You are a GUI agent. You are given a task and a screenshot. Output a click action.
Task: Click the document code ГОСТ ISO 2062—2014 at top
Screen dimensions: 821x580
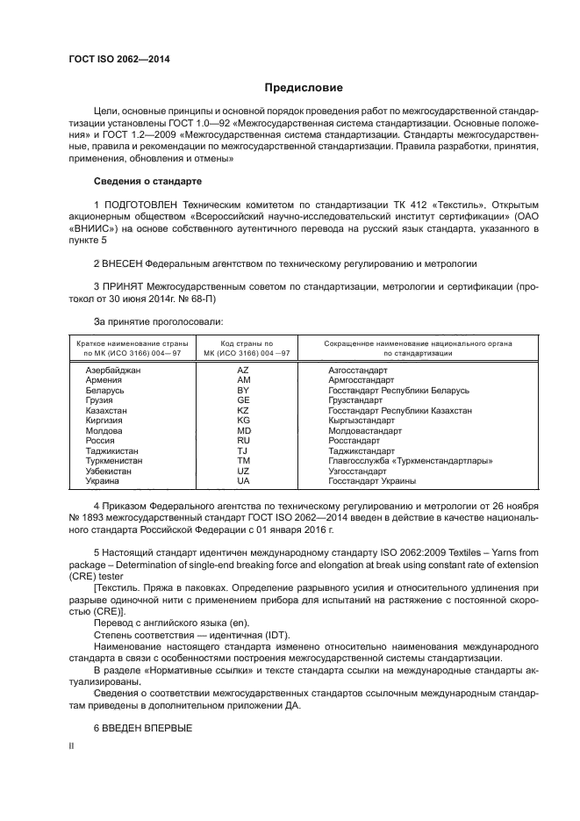pos(118,59)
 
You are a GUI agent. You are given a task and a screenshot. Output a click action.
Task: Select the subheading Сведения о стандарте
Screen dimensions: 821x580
pos(147,181)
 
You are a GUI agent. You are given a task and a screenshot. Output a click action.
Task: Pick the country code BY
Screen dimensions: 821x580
pos(244,390)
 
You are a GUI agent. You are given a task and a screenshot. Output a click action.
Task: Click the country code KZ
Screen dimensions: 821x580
pos(244,410)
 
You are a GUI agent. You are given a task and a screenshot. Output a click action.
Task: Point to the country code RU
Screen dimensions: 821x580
pos(244,441)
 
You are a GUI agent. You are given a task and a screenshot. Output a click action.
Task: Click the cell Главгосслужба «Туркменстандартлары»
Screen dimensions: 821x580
pos(410,461)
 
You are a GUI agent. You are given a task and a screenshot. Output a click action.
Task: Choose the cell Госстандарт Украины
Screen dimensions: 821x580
pos(371,481)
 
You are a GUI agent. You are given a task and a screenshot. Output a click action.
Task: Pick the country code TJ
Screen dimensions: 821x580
pos(244,450)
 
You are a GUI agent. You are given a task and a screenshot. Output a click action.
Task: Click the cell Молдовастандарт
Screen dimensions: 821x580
pos(364,430)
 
